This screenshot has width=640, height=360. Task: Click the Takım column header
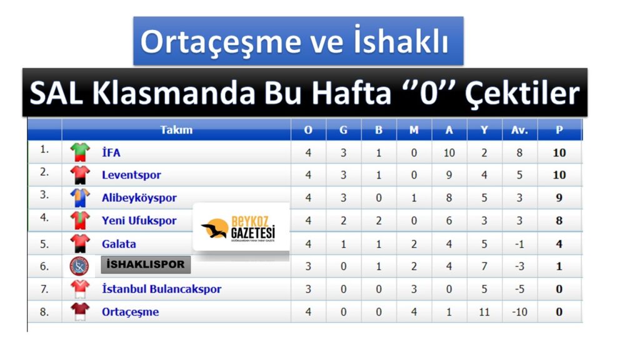176,131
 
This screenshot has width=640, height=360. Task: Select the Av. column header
519,131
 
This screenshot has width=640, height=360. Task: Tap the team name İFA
111,152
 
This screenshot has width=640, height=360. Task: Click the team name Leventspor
131,175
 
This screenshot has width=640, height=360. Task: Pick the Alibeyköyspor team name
139,198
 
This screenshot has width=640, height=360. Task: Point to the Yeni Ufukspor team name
139,221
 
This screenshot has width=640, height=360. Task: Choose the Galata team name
119,244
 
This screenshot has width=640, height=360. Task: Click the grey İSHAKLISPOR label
146,264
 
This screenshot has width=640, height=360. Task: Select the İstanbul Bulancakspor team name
161,289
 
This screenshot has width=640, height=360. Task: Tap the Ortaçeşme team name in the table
130,312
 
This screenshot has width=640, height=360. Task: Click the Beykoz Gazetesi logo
241,227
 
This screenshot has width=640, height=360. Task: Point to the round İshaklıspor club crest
79,266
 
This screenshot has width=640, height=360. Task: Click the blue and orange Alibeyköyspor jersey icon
80,197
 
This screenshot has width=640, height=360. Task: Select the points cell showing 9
559,198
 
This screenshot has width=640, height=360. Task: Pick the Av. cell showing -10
519,312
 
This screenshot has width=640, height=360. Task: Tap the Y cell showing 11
484,312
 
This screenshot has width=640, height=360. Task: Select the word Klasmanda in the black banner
173,93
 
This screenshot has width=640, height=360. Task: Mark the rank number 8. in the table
44,311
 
